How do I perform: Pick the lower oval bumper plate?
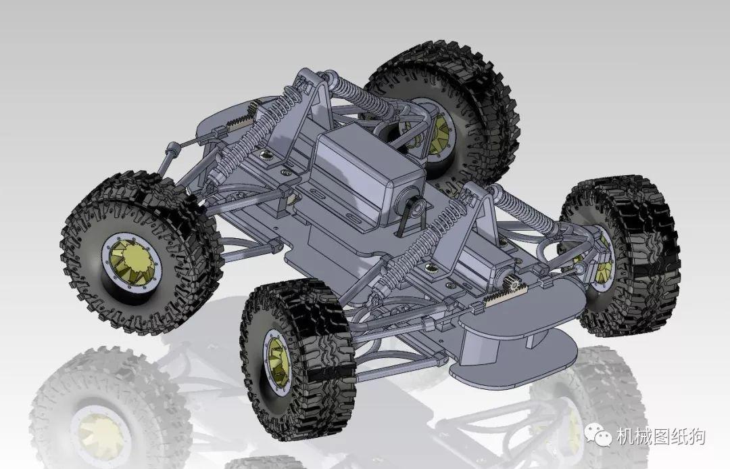[514, 362]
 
